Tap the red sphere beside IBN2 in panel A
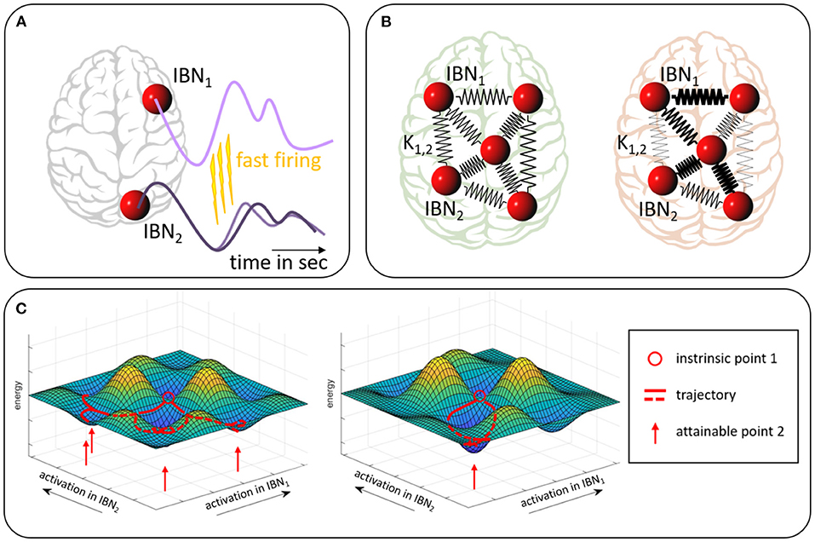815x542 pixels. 133,205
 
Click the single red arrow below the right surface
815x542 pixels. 474,475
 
